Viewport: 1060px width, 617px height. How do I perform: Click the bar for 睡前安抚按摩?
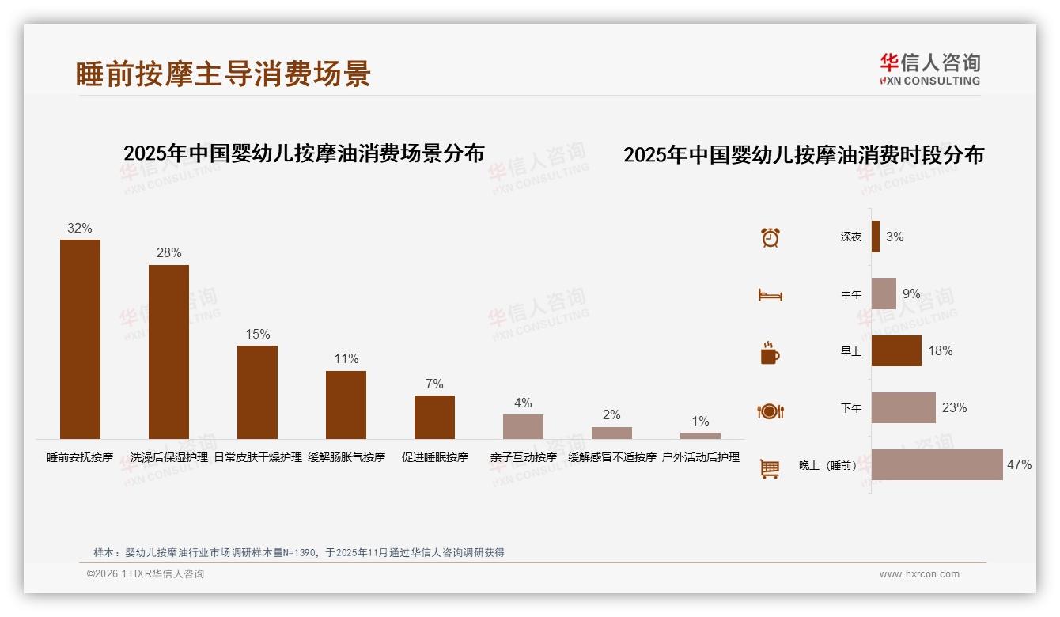click(80, 339)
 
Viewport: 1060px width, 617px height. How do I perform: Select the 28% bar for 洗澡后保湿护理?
click(168, 352)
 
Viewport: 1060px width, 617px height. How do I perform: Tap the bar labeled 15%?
click(257, 392)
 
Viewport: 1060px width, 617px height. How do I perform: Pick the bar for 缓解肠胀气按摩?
click(346, 405)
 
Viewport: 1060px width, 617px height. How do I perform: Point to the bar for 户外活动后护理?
click(700, 436)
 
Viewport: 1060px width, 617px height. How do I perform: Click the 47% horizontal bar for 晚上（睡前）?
click(937, 465)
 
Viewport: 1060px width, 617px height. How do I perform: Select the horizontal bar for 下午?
click(903, 408)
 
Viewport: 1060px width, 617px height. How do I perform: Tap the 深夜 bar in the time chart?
click(876, 237)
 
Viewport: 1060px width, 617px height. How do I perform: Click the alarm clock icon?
click(770, 237)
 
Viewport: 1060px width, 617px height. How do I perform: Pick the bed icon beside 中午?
click(770, 295)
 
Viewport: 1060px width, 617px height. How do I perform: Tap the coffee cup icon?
click(770, 353)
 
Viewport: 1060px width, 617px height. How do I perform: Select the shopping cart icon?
click(770, 469)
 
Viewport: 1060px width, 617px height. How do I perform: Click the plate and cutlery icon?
click(770, 411)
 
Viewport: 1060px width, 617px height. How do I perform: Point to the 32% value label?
click(80, 229)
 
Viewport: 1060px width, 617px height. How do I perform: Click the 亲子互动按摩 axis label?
click(523, 457)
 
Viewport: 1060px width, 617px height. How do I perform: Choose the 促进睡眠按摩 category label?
click(434, 457)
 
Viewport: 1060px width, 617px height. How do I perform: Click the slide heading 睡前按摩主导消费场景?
click(223, 74)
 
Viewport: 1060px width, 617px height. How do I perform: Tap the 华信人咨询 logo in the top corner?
click(929, 69)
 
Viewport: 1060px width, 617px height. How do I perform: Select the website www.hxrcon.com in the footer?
click(919, 574)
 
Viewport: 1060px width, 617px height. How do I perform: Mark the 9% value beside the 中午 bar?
click(911, 294)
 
